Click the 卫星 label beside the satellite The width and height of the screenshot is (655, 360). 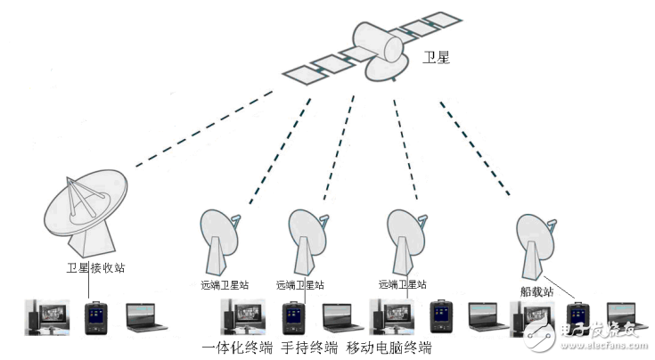(x=438, y=60)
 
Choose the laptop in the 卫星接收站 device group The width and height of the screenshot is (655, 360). (x=145, y=319)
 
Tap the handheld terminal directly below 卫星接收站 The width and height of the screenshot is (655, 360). (x=94, y=318)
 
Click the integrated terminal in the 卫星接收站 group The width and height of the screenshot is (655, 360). (x=44, y=317)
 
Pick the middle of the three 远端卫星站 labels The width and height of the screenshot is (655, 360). (x=300, y=285)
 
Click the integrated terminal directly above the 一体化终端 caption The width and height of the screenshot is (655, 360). (x=240, y=318)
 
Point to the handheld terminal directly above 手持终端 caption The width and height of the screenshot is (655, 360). (x=291, y=318)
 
